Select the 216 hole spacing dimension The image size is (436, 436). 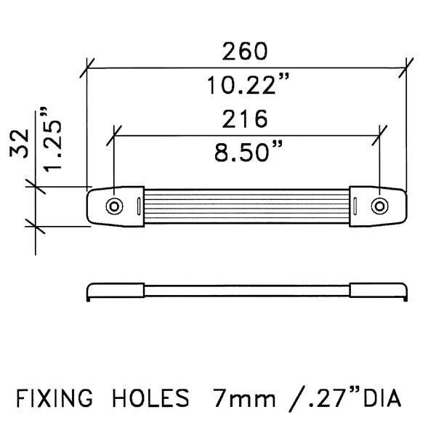point(246,118)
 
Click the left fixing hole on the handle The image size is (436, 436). point(114,206)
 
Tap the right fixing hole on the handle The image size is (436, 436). point(379,206)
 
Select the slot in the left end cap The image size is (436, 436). point(136,206)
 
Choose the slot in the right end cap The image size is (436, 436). point(357,206)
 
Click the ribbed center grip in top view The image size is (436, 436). point(246,206)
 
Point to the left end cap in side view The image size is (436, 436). point(114,290)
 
